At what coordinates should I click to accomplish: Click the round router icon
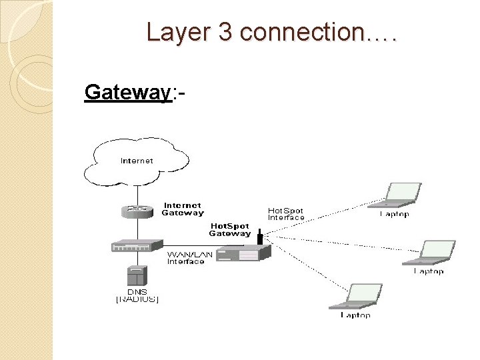point(137,211)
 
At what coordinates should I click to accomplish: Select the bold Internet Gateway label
point(183,209)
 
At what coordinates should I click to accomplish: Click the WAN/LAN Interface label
point(185,258)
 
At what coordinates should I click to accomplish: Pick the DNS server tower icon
point(137,276)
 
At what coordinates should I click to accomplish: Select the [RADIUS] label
point(137,300)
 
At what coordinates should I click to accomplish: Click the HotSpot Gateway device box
point(245,253)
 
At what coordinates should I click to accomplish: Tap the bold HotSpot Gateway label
point(230,230)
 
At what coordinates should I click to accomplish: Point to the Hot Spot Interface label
point(286,214)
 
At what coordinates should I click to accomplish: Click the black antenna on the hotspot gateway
point(259,237)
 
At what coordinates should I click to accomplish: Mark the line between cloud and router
point(137,194)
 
